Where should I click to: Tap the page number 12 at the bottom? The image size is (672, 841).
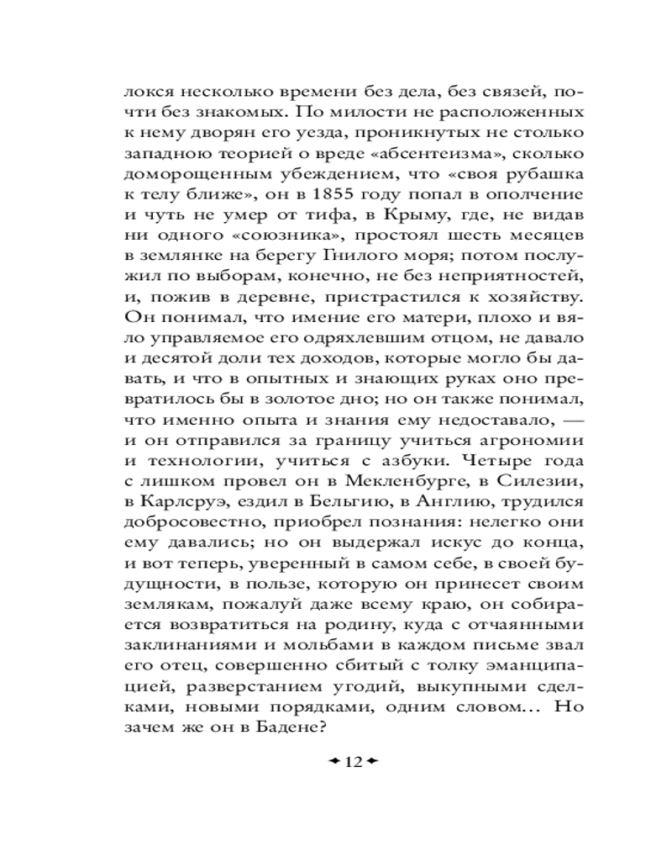pos(352,762)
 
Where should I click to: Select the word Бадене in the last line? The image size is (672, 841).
pos(282,729)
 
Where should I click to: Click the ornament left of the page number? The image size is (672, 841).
pos(333,762)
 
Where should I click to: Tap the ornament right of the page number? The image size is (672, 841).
pos(371,762)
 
